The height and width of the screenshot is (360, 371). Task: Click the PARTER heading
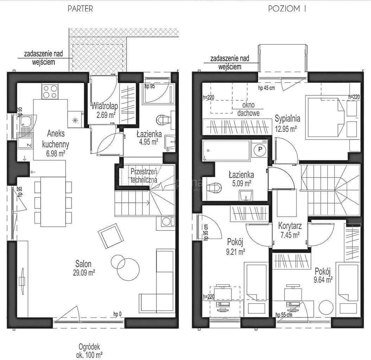[80, 9]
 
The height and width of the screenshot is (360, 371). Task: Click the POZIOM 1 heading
[287, 9]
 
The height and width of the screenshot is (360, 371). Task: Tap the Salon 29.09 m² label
[84, 268]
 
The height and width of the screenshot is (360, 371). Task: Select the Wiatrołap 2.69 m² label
[104, 110]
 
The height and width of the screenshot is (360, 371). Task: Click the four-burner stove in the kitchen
[50, 92]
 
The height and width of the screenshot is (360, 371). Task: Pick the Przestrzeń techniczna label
[144, 176]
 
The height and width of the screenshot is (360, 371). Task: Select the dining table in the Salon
[53, 202]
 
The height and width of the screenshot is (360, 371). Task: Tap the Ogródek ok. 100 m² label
[89, 351]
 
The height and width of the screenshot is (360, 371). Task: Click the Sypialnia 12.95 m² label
[287, 124]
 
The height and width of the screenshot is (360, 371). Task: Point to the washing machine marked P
[260, 150]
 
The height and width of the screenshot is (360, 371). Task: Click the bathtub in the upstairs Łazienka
[226, 151]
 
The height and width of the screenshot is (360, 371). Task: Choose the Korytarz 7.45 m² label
[290, 230]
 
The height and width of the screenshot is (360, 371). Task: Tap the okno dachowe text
[248, 109]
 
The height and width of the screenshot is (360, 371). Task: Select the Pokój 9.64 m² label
[323, 276]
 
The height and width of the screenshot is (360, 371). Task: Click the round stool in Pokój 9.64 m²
[326, 308]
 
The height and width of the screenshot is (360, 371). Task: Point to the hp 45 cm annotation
[267, 88]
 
